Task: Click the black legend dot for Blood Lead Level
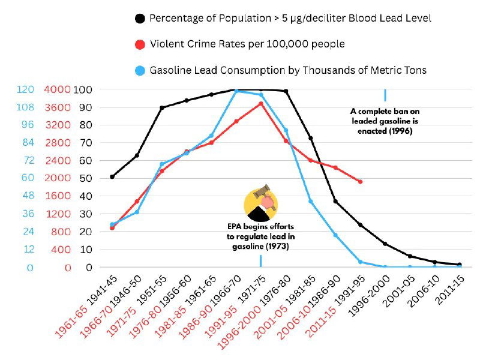(140, 18)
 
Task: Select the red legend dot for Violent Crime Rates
(140, 44)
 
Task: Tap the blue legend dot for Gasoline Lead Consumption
(140, 70)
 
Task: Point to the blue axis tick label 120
(25, 89)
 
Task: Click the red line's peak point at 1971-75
(260, 103)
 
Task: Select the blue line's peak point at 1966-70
(236, 91)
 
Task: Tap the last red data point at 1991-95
(360, 181)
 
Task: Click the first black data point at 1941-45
(112, 176)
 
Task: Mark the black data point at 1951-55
(162, 108)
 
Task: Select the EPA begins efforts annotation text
(260, 237)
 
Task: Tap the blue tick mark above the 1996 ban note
(385, 95)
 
